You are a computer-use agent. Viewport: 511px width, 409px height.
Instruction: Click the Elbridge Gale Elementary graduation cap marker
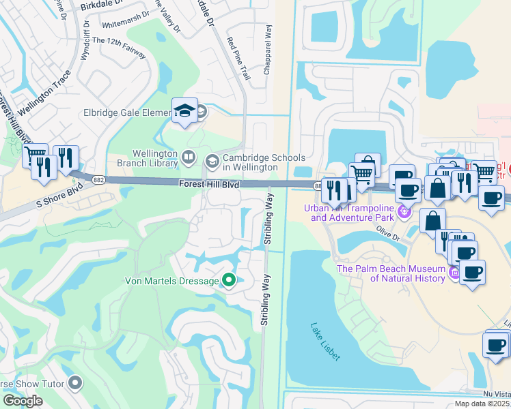184,111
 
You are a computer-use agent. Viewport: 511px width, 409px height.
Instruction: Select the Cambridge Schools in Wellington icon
212,161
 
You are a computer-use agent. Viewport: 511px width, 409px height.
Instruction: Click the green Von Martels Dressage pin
229,280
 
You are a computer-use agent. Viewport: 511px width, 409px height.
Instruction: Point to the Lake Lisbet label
324,342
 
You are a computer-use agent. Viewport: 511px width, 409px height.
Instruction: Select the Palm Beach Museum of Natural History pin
454,273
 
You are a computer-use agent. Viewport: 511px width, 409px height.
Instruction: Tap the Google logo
22,401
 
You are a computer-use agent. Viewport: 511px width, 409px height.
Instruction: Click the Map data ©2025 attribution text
482,404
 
